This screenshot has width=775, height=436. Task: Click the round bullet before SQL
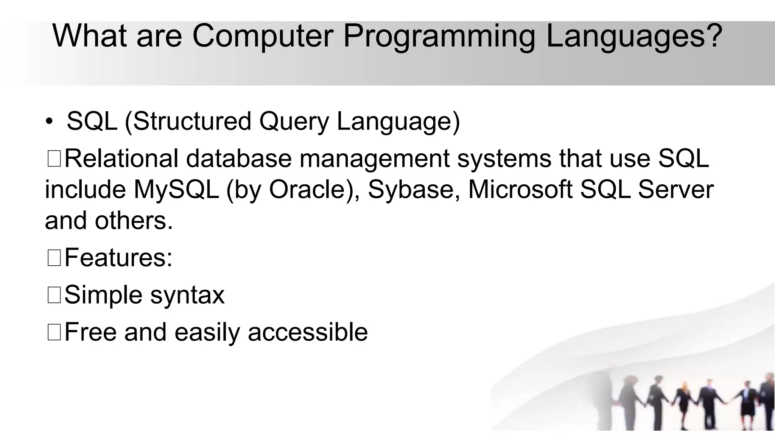click(x=49, y=122)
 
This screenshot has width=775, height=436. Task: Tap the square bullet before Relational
click(x=54, y=159)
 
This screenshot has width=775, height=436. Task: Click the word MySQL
click(x=176, y=190)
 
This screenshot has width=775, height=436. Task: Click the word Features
click(x=115, y=257)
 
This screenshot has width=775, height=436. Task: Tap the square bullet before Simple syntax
click(x=54, y=295)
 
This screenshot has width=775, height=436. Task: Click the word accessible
click(x=307, y=332)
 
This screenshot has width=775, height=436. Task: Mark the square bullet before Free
click(x=54, y=332)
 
